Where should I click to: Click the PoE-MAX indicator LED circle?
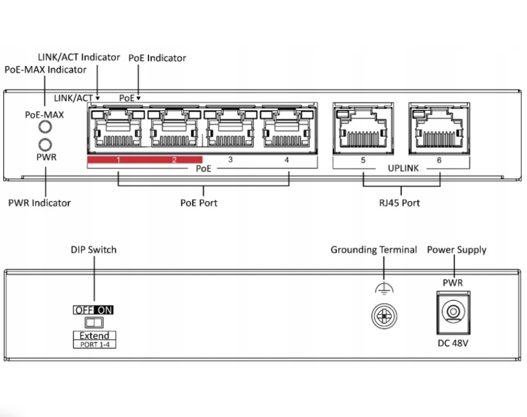46,127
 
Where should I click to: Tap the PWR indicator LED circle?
46,144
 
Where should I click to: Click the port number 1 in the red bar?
118,160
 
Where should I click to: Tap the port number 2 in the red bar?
175,160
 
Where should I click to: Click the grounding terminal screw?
384,316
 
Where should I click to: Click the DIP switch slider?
94,321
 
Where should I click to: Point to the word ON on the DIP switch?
105,310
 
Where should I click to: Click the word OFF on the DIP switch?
84,310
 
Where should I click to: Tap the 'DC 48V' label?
452,342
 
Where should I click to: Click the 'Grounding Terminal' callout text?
373,250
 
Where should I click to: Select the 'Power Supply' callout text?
457,250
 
